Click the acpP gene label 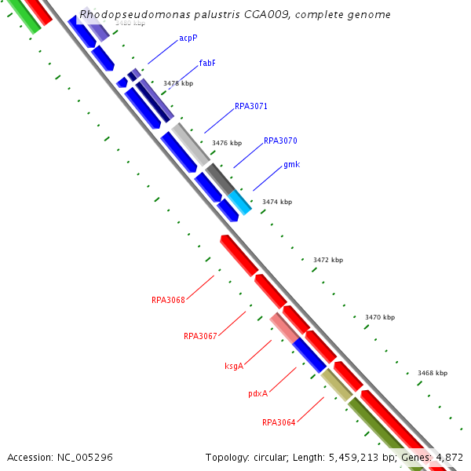[188, 38]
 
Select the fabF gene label [207, 63]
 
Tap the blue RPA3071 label [251, 106]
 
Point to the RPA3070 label [280, 141]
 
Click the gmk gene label [291, 165]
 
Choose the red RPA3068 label [168, 300]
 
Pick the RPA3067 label [200, 336]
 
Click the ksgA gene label [234, 366]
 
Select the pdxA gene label [258, 393]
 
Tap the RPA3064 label [279, 422]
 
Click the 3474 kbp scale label [276, 202]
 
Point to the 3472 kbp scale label [327, 260]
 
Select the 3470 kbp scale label [379, 317]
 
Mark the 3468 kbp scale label [432, 373]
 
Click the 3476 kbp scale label [227, 143]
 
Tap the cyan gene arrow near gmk [240, 202]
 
